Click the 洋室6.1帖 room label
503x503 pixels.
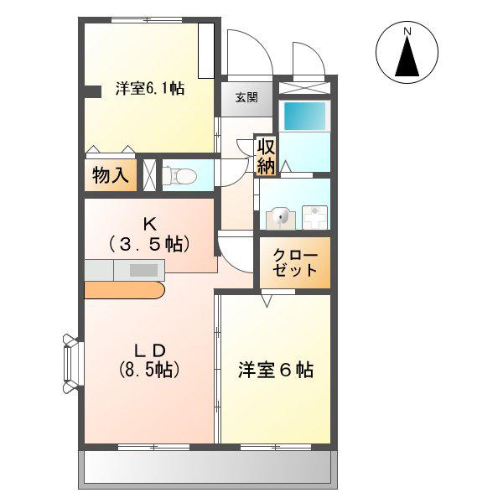pos(150,88)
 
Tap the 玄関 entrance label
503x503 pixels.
pos(246,97)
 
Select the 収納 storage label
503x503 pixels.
pos(266,158)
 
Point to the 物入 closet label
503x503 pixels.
pos(111,175)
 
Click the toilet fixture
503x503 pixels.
pos(179,176)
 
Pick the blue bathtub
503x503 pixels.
pos(303,116)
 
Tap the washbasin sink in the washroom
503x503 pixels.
pos(281,217)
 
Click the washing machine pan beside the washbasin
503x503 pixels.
pos(315,217)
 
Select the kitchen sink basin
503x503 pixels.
pos(143,270)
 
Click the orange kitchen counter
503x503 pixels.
pos(124,290)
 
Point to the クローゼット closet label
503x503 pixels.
pos(295,262)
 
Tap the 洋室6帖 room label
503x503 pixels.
pos(276,371)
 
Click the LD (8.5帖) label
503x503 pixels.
pos(149,360)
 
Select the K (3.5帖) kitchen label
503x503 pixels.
pos(149,235)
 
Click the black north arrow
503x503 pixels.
pos(407,56)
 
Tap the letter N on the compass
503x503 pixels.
pos(407,31)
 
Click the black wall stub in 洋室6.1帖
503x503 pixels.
pos(93,91)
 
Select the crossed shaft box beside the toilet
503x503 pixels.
pos(149,175)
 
